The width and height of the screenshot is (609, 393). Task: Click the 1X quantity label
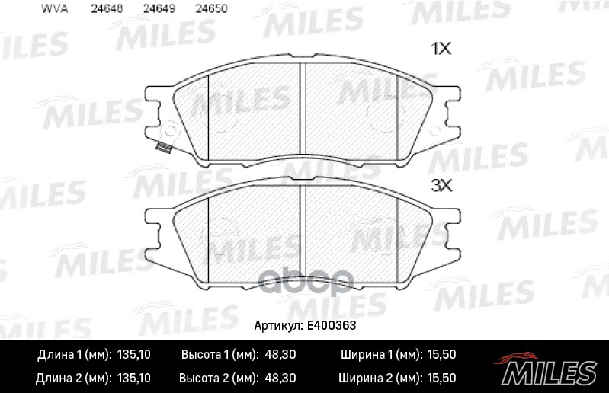(x=441, y=50)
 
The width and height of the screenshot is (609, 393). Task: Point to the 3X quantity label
(x=441, y=185)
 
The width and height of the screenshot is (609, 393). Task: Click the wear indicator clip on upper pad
(x=161, y=147)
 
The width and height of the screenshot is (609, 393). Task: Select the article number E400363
(x=332, y=324)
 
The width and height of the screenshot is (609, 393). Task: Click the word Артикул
(x=277, y=324)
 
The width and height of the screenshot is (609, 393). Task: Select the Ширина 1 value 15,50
(x=440, y=356)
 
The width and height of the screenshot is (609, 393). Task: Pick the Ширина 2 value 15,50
(x=440, y=378)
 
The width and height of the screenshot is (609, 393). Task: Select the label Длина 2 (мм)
(x=73, y=378)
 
